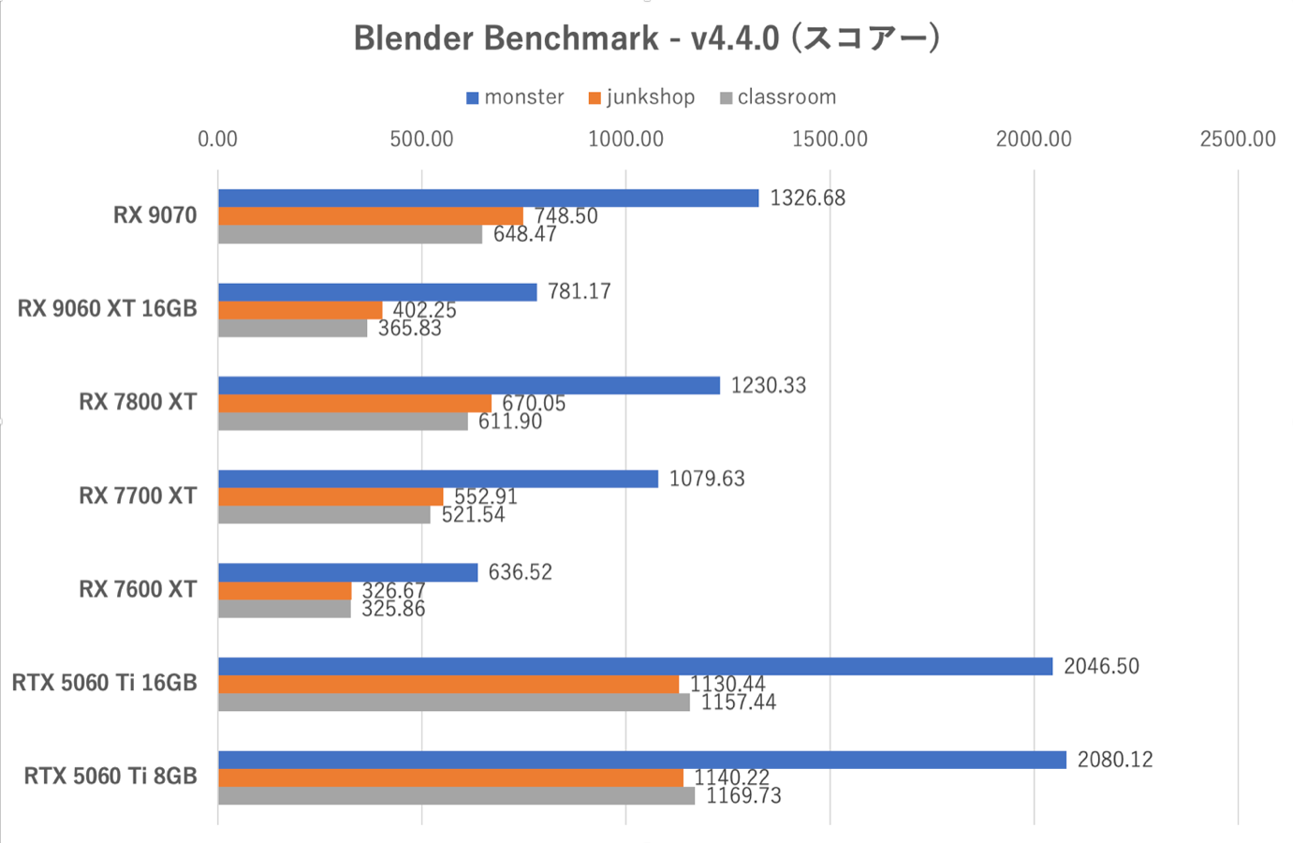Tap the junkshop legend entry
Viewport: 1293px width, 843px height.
coord(642,97)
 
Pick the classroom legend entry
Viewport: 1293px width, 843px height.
coord(778,97)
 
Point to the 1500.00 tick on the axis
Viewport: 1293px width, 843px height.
coord(830,140)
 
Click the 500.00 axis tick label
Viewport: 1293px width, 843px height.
coord(421,140)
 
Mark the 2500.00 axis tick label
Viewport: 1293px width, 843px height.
coord(1237,140)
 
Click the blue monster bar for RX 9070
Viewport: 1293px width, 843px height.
coord(488,198)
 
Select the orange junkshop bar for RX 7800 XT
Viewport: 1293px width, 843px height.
coord(355,404)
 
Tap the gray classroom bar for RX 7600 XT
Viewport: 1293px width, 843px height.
coord(285,609)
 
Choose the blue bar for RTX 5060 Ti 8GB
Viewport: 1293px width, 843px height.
coord(642,760)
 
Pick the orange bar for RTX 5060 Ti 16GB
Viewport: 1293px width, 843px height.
coord(448,685)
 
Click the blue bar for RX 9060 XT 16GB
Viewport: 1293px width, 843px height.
coord(377,292)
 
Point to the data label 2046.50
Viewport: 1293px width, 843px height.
coord(1101,666)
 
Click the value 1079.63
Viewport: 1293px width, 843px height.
coord(707,479)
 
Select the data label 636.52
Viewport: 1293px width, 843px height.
coord(521,572)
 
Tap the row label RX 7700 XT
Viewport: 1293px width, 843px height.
coord(138,495)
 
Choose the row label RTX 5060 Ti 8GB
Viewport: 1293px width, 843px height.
coord(110,776)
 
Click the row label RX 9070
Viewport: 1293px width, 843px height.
coord(155,215)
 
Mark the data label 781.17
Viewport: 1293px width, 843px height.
coord(580,291)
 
